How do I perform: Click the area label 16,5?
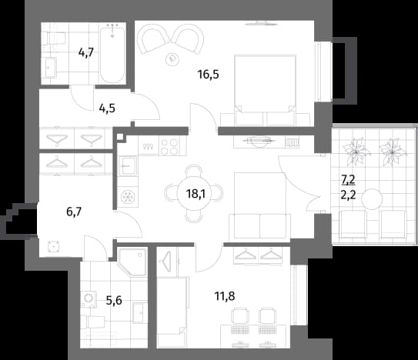(208, 75)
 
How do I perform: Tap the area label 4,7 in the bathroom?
(86, 52)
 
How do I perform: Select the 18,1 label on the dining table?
(196, 194)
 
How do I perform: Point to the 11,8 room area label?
(225, 296)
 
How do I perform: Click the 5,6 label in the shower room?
(114, 301)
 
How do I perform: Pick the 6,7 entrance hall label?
(74, 212)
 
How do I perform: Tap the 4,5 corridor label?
(107, 108)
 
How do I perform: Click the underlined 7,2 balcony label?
(348, 181)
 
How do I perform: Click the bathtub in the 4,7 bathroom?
(112, 53)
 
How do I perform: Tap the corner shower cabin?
(132, 262)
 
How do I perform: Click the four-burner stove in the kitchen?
(170, 146)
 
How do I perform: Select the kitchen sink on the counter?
(128, 166)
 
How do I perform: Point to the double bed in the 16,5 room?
(265, 90)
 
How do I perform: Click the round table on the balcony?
(372, 199)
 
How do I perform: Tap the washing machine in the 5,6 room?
(89, 299)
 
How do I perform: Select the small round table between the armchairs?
(172, 58)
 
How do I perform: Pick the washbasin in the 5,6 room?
(140, 313)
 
